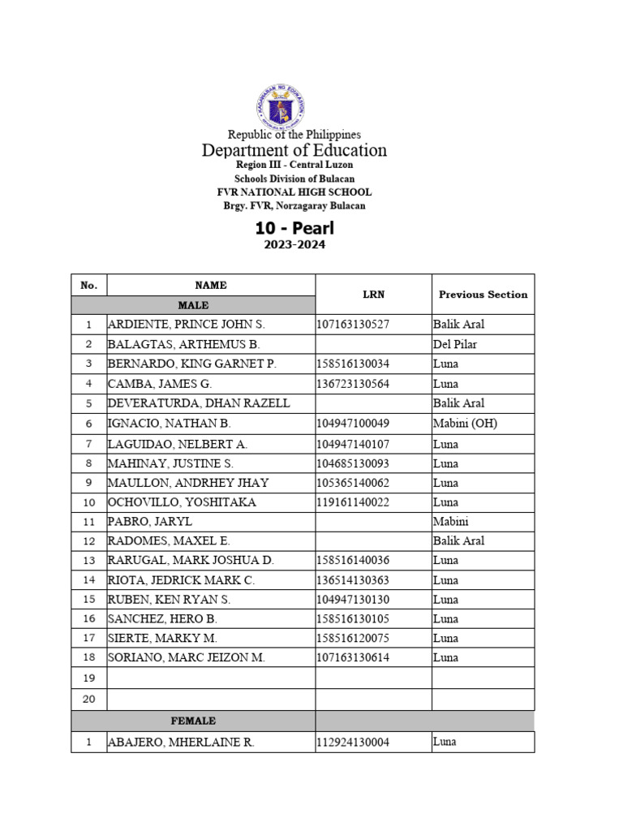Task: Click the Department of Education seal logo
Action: (281, 105)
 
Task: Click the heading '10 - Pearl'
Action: (294, 228)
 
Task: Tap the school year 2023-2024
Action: (294, 244)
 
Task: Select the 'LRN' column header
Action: (373, 295)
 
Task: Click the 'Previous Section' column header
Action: (483, 295)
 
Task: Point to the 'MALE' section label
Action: (193, 305)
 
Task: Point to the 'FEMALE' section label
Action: (193, 721)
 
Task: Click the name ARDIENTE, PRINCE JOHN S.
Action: (187, 325)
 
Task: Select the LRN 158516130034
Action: (353, 364)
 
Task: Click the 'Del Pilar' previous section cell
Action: (455, 344)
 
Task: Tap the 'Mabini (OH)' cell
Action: (465, 423)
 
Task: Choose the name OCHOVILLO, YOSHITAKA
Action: (182, 502)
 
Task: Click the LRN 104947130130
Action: (353, 600)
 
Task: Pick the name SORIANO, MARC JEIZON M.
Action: (187, 657)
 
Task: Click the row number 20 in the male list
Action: (89, 699)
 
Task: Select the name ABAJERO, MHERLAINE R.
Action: (181, 743)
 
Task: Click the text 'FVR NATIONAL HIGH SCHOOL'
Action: (294, 192)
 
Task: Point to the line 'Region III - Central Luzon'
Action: (294, 165)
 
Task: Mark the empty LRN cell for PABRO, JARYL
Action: (373, 522)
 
